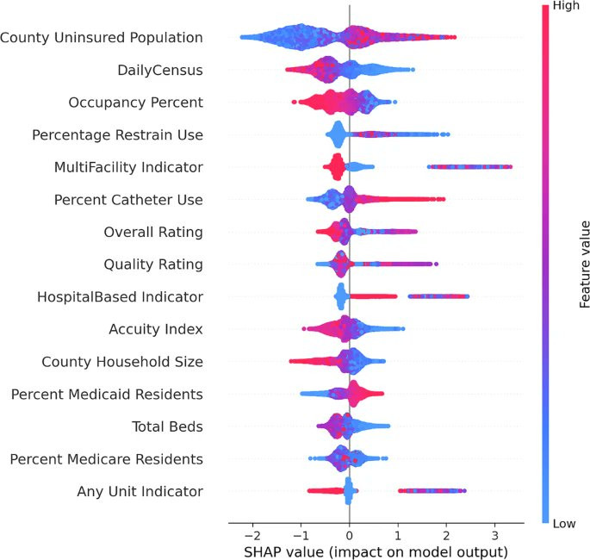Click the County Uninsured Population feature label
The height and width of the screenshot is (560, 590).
[102, 38]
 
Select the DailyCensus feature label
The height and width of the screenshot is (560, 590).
[160, 70]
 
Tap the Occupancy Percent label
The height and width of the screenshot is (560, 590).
[136, 103]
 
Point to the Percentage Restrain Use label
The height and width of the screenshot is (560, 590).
[117, 134]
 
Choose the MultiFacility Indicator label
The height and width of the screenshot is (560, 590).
[128, 167]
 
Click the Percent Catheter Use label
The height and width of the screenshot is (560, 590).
[128, 200]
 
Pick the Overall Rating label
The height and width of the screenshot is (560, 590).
[153, 232]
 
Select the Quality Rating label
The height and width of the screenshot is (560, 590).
[153, 264]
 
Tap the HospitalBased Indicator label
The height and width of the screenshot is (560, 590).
[120, 297]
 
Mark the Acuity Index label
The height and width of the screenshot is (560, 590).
[156, 329]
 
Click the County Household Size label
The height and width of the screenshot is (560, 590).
[122, 362]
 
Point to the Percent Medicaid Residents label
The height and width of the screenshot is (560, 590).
[107, 395]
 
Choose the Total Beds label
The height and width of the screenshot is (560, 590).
[167, 426]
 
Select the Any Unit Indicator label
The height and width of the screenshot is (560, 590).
[140, 492]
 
